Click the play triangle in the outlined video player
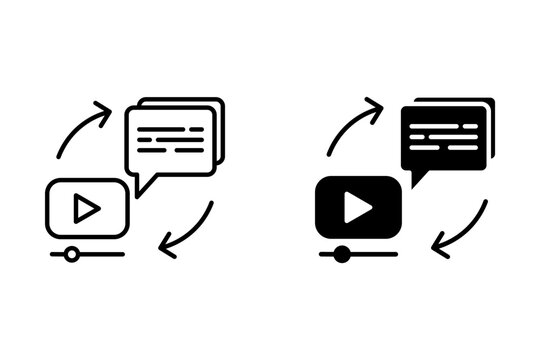click(87, 209)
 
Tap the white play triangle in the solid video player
click(357, 208)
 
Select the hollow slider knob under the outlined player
click(71, 254)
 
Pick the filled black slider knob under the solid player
click(341, 254)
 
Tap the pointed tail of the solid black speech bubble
click(417, 180)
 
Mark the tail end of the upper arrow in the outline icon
click(59, 155)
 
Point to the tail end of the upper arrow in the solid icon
click(329, 154)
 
